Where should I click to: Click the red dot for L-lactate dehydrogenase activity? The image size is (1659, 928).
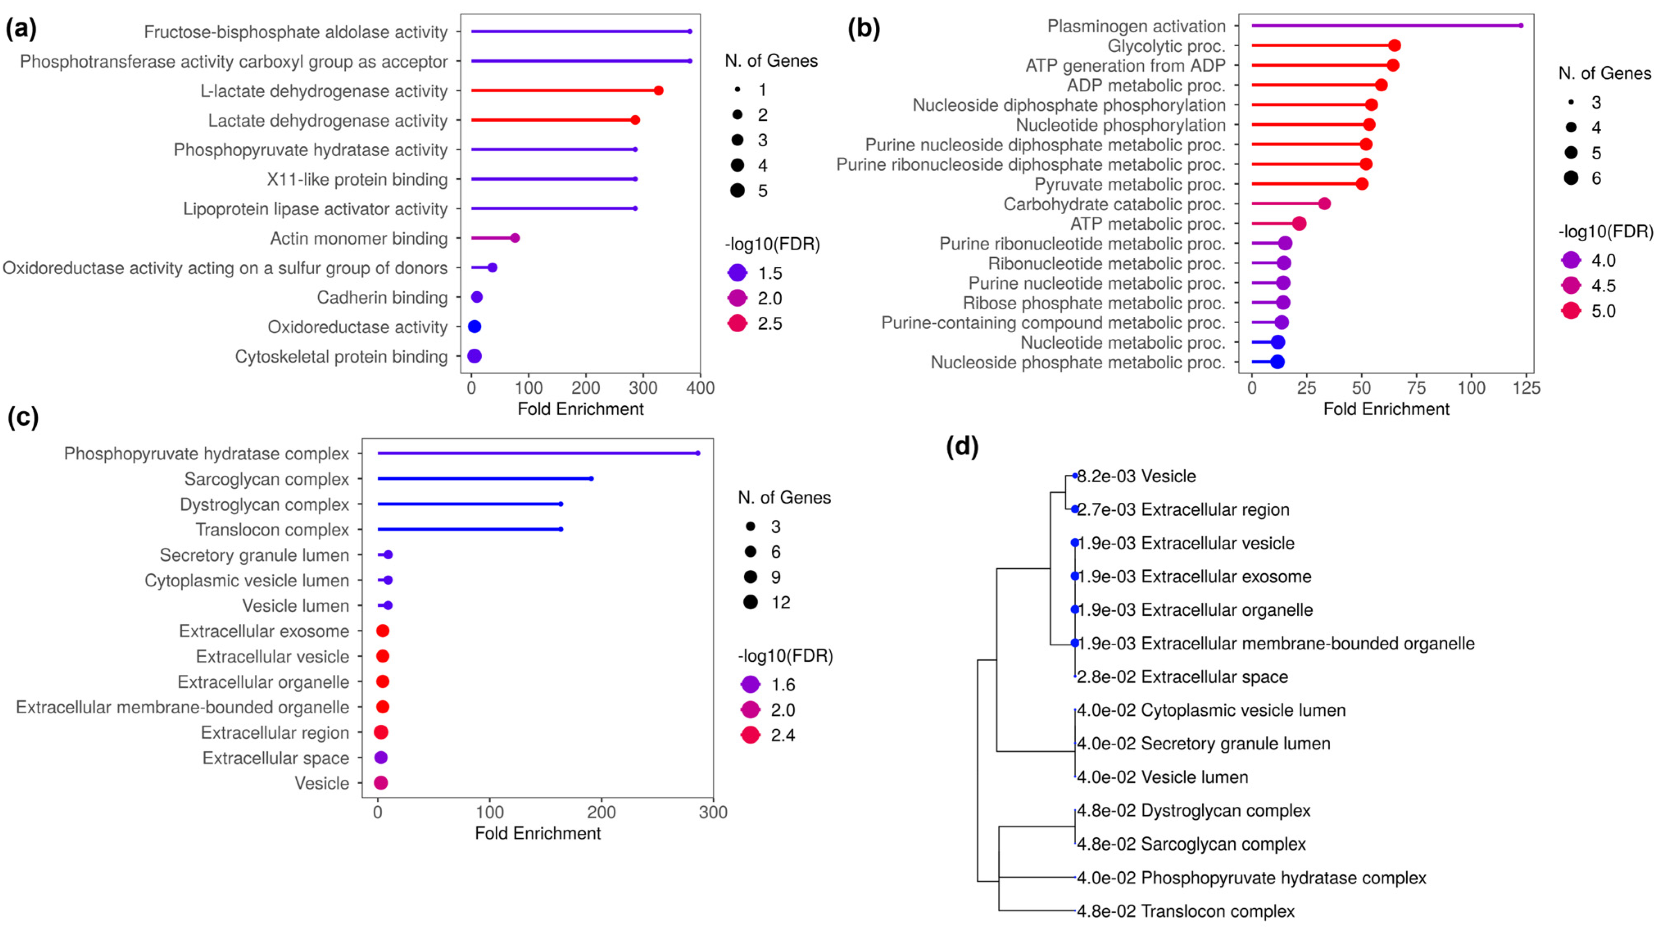click(x=658, y=91)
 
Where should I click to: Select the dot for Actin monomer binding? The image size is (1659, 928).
click(x=514, y=238)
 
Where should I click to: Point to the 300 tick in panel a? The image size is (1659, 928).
click(x=643, y=388)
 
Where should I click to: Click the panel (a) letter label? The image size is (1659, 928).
click(x=21, y=28)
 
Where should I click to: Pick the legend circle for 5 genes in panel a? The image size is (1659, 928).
click(x=737, y=191)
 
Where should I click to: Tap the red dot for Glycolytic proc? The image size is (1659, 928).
click(x=1394, y=46)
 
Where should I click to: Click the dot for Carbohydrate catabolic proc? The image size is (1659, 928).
click(x=1324, y=204)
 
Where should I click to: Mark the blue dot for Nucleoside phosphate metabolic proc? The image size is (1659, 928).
click(x=1278, y=362)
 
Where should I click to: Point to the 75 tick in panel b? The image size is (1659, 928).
click(x=1416, y=388)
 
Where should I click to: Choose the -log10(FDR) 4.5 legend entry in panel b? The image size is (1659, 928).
click(x=1571, y=285)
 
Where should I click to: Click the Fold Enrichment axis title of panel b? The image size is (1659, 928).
click(x=1386, y=409)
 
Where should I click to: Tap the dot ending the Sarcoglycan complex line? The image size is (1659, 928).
click(x=591, y=479)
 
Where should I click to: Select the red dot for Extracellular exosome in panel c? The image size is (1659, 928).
click(x=383, y=631)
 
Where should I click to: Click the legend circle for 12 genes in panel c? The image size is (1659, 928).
click(x=750, y=602)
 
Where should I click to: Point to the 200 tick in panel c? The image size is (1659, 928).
click(x=601, y=812)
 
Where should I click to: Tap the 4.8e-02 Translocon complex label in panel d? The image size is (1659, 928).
click(x=1185, y=911)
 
